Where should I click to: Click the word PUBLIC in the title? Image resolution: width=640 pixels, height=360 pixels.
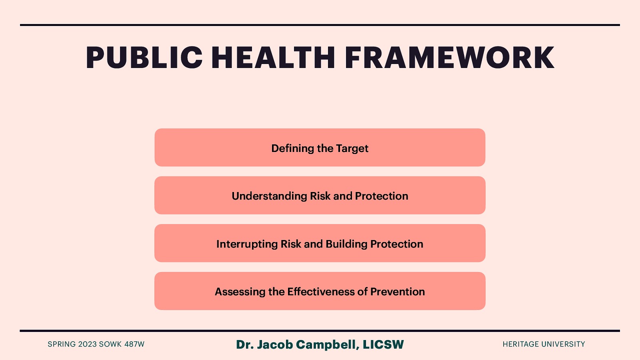tap(144, 58)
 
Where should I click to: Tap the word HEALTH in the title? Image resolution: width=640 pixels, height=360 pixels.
tap(273, 58)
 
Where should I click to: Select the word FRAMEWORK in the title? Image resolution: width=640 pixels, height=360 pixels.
tap(449, 58)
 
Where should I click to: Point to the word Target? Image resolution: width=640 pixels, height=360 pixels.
tap(352, 149)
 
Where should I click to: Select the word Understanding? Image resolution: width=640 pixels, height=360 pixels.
tap(269, 196)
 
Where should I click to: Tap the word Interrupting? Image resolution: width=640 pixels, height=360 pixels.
tap(247, 244)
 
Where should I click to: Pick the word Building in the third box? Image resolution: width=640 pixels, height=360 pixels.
tap(346, 244)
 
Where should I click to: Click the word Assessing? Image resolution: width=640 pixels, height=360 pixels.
tap(240, 292)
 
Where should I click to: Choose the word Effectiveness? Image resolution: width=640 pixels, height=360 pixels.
tap(321, 292)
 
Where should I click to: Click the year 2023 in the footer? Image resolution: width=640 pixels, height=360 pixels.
tap(87, 344)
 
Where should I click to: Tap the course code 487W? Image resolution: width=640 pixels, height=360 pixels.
tap(134, 344)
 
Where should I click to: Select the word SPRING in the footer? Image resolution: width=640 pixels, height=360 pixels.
tap(62, 344)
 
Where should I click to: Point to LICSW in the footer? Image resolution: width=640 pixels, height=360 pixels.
tap(383, 345)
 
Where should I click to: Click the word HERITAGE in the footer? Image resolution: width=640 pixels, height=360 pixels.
tap(521, 344)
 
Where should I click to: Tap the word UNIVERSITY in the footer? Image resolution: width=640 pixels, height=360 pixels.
tap(563, 344)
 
